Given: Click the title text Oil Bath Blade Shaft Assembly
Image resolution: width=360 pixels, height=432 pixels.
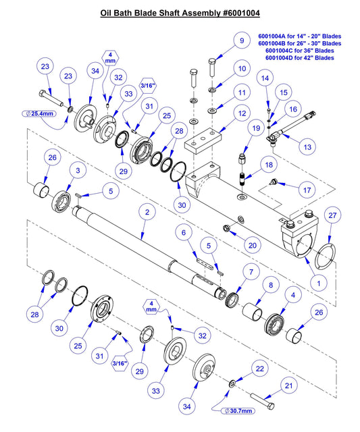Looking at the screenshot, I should point(180,13).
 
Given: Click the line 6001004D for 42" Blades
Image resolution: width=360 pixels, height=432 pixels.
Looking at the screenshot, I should point(300,58).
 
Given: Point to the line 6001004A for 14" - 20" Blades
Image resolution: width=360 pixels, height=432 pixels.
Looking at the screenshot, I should point(300,36).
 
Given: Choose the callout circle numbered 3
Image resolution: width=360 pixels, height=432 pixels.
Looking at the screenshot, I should point(78,171).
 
